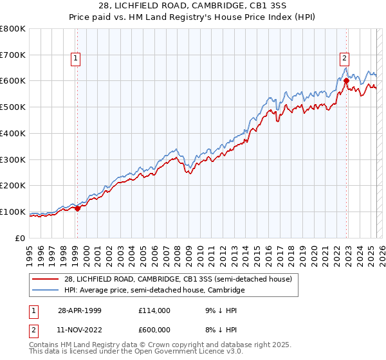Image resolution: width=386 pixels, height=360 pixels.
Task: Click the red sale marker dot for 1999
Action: pyautogui.click(x=78, y=208)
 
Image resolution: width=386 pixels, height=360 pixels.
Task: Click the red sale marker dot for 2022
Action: pyautogui.click(x=346, y=80)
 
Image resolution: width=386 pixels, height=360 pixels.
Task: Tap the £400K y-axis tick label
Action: pyautogui.click(x=13, y=133)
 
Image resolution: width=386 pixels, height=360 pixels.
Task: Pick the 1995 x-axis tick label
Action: pyautogui.click(x=30, y=255)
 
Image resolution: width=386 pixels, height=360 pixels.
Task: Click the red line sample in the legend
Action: pyautogui.click(x=46, y=280)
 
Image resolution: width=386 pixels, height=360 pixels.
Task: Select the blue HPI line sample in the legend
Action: pyautogui.click(x=46, y=291)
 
